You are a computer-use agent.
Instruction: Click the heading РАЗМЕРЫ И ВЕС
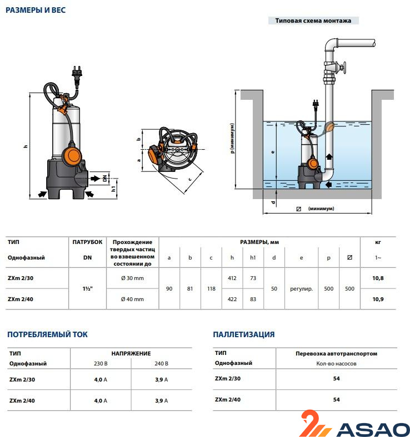click(x=36, y=10)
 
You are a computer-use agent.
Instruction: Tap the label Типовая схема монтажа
click(x=314, y=21)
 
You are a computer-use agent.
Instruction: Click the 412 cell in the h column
click(x=232, y=277)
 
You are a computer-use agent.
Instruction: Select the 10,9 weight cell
click(x=378, y=299)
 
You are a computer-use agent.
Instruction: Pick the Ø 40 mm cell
click(x=132, y=299)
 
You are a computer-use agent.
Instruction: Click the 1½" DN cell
click(x=87, y=288)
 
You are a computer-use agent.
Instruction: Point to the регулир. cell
click(x=301, y=288)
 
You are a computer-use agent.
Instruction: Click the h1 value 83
click(x=253, y=299)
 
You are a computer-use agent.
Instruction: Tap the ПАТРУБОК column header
click(x=87, y=242)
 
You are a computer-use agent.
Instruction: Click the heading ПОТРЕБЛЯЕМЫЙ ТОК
click(x=47, y=334)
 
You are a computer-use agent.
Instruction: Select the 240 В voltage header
click(x=161, y=364)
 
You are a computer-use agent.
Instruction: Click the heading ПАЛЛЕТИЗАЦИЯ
click(x=244, y=334)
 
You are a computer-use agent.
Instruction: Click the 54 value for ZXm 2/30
click(x=336, y=379)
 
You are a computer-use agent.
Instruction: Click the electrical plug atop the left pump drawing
click(x=76, y=72)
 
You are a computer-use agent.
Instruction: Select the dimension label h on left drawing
click(x=26, y=146)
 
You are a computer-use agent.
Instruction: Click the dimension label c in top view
click(x=190, y=179)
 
